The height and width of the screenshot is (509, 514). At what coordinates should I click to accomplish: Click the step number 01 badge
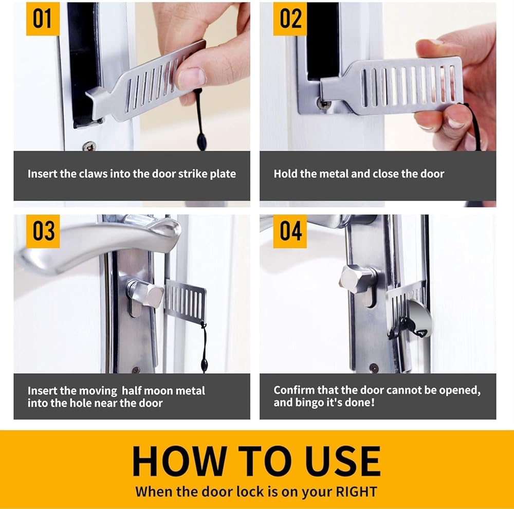(43, 19)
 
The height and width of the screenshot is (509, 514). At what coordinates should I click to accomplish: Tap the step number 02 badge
(290, 19)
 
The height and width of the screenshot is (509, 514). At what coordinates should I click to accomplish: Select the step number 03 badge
(43, 231)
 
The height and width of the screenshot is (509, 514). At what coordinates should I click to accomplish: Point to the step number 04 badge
(290, 231)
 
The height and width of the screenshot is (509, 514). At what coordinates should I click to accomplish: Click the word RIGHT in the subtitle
(356, 492)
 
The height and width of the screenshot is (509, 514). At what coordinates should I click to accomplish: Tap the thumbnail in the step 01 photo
(192, 78)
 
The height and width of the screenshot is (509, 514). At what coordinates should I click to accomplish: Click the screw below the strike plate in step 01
(89, 146)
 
